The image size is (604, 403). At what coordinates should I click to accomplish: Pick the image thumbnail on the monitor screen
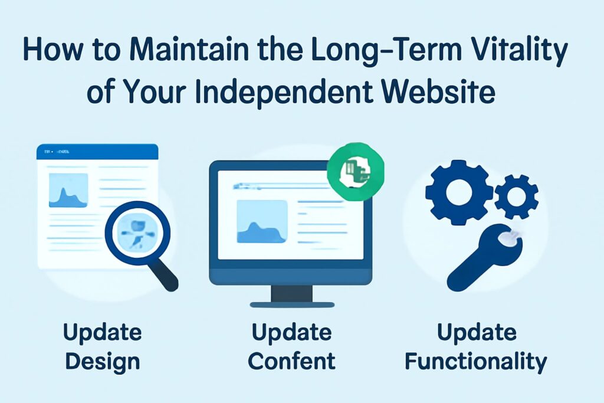tap(261, 221)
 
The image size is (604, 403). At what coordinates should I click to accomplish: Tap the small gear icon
tap(516, 196)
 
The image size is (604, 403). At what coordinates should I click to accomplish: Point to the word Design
tap(103, 361)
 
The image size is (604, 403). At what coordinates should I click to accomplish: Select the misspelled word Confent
tap(293, 361)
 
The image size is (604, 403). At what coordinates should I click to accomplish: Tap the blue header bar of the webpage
tap(97, 152)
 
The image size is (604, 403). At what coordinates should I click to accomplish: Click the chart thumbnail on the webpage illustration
tap(68, 191)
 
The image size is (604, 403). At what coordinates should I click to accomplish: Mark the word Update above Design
tap(103, 333)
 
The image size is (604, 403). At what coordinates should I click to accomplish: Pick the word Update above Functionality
tap(477, 333)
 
